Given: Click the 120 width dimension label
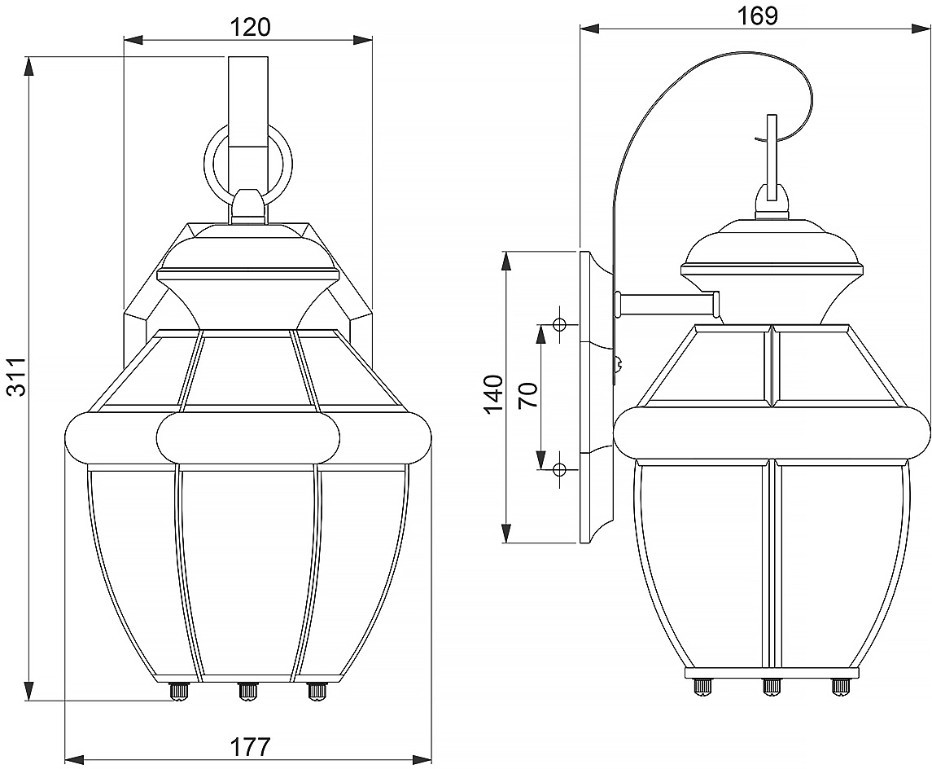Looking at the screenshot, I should coord(247,27).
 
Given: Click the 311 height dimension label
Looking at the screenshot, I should coord(18,376).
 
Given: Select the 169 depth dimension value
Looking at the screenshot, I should coord(757,15).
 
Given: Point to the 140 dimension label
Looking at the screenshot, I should coord(492,395).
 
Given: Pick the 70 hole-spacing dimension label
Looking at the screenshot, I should coord(527,395).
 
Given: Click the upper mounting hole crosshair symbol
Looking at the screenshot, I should coord(559,325).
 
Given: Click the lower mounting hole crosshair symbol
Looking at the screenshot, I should coord(559,469).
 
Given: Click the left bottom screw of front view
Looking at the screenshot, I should coord(177,692).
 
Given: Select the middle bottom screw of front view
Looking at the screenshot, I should coord(247,692).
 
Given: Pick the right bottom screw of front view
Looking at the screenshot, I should coord(316,692).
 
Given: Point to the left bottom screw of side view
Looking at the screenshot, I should coord(700,687).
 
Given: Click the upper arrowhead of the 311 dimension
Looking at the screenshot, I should coord(29,65).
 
